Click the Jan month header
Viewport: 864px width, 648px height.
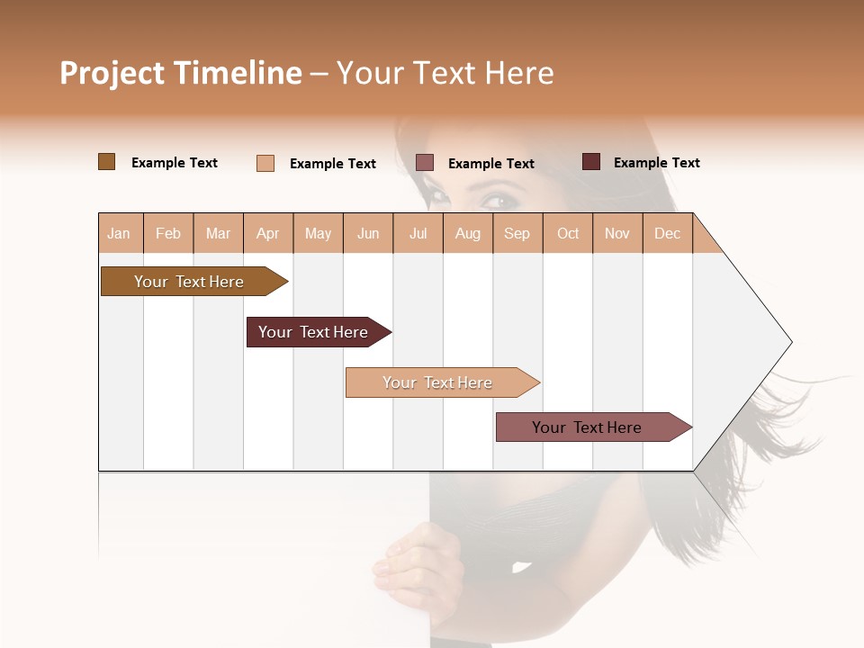pyautogui.click(x=119, y=233)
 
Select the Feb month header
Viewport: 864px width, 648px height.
pyautogui.click(x=168, y=233)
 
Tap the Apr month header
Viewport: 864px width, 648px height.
pyautogui.click(x=267, y=233)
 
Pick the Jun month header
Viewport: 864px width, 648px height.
pyautogui.click(x=368, y=233)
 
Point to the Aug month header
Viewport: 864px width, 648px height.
pyautogui.click(x=467, y=233)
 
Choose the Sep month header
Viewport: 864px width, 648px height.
pyautogui.click(x=517, y=233)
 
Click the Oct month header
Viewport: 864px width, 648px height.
pyautogui.click(x=568, y=233)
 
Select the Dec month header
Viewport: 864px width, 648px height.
pyautogui.click(x=667, y=233)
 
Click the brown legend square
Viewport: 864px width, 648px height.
pyautogui.click(x=107, y=162)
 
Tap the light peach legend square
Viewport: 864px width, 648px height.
pyautogui.click(x=265, y=163)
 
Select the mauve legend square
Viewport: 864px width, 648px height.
pyautogui.click(x=425, y=162)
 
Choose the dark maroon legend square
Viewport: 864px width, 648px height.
pyautogui.click(x=591, y=162)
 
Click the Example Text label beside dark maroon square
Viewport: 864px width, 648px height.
pyautogui.click(x=656, y=163)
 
